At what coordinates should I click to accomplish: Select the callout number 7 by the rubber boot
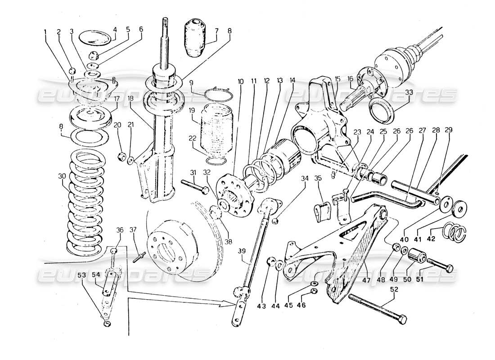coord(217,32)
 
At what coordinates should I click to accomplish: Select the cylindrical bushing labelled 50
coord(417,256)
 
